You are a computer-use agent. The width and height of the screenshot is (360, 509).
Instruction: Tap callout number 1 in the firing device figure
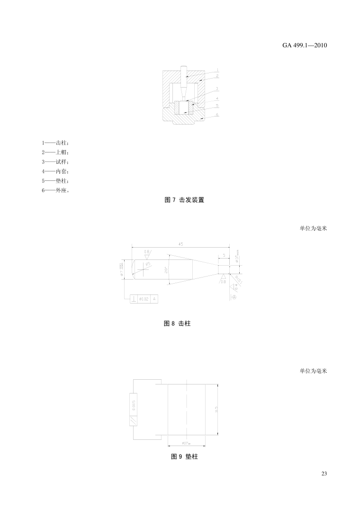pyautogui.click(x=217, y=70)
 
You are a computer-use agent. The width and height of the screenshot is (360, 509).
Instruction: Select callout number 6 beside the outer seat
pyautogui.click(x=217, y=115)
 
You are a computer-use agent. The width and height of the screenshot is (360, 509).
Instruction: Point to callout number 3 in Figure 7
pyautogui.click(x=217, y=89)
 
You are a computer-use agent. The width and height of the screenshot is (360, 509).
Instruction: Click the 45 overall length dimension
pyautogui.click(x=181, y=244)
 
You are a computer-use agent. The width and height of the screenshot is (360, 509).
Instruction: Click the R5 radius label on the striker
pyautogui.click(x=148, y=263)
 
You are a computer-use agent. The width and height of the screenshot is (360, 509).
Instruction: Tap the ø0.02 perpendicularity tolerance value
pyautogui.click(x=144, y=299)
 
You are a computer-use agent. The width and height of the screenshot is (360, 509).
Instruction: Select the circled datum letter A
pyautogui.click(x=234, y=297)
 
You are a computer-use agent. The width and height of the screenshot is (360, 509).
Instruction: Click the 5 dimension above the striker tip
pyautogui.click(x=224, y=255)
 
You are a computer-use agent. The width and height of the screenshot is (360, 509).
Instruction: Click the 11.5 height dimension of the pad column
pyautogui.click(x=216, y=409)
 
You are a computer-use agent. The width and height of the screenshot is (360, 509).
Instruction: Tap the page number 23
pyautogui.click(x=324, y=473)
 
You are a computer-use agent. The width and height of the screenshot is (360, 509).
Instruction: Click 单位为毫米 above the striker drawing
pyautogui.click(x=313, y=228)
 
